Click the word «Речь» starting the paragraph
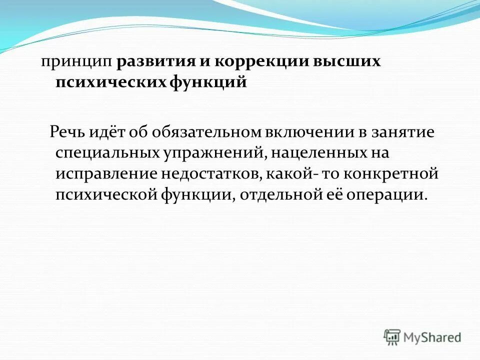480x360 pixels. (67, 132)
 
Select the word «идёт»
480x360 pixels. (107, 132)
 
